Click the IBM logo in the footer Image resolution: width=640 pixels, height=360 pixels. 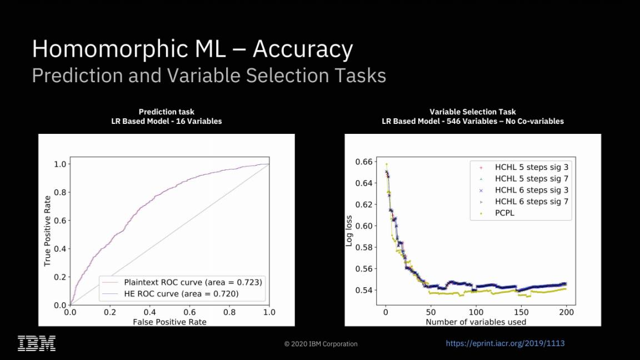pos(37,343)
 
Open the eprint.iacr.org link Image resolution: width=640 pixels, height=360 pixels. pos(505,343)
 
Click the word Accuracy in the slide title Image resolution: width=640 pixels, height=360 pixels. pos(303,49)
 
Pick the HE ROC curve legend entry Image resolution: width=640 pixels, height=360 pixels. pos(181,294)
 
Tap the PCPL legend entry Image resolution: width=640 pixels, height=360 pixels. pos(504,213)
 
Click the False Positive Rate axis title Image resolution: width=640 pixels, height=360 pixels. pos(169,322)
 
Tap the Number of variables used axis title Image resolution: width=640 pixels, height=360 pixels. pos(476,322)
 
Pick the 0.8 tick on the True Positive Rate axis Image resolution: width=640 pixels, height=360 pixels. pos(59,192)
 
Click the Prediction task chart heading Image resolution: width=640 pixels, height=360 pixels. pos(166,112)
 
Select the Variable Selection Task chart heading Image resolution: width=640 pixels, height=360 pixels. pos(473,112)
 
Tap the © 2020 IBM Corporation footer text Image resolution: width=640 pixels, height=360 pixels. pos(321,344)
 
